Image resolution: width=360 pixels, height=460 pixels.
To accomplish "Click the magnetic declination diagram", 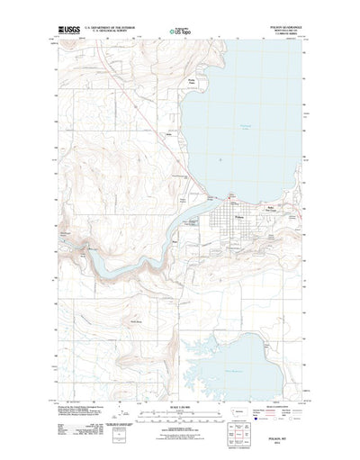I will pos(125,421).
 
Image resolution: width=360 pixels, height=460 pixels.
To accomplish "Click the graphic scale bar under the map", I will pos(180,420).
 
